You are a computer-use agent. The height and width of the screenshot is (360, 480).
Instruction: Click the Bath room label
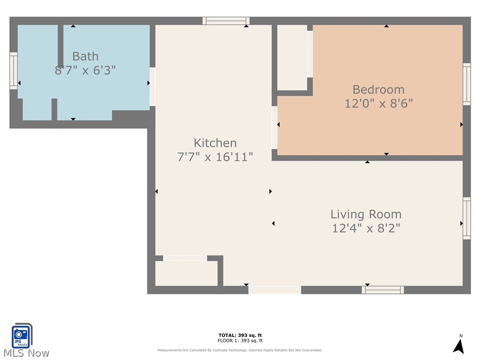click(85, 56)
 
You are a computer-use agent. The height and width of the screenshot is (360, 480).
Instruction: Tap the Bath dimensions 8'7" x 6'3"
click(85, 71)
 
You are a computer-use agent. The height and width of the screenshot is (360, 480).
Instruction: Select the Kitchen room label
click(215, 143)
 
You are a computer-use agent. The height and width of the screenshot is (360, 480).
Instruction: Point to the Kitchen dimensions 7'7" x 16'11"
click(215, 157)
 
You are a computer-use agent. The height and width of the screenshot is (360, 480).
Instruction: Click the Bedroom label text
click(378, 90)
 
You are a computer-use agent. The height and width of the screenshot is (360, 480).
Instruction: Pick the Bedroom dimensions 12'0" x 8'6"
click(378, 104)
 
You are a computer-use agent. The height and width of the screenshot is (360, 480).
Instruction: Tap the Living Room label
click(366, 214)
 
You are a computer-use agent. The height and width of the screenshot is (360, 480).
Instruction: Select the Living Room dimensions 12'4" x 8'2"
click(366, 228)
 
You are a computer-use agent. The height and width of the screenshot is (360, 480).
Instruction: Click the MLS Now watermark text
click(25, 353)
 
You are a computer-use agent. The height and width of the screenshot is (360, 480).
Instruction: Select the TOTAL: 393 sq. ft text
click(240, 335)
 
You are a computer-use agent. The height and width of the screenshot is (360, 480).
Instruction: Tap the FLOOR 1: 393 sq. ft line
click(240, 341)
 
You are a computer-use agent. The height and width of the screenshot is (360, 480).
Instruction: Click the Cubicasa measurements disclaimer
click(240, 350)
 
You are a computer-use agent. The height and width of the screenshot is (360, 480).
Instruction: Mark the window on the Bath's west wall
click(14, 71)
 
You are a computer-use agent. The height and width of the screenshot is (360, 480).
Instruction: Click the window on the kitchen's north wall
click(226, 21)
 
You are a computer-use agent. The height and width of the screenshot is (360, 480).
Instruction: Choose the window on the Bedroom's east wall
click(467, 84)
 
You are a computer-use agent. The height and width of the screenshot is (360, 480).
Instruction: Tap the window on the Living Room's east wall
click(467, 218)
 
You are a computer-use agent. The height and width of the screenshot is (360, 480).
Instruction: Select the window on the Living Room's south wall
click(382, 290)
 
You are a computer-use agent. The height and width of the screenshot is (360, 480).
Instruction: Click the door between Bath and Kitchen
click(152, 87)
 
